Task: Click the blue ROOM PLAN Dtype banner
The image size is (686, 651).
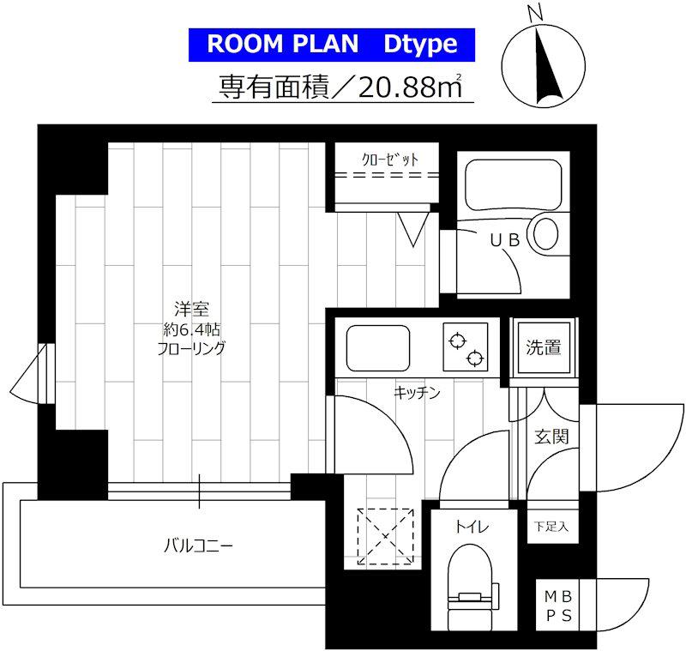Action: [332, 45]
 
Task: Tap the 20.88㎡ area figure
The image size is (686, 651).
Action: [410, 87]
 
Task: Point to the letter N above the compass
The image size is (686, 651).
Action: [535, 15]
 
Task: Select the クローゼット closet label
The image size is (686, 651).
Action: [390, 160]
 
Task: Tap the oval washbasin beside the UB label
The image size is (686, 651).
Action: [545, 233]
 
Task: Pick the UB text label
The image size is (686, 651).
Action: [505, 240]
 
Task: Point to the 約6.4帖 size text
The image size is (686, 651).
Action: [191, 329]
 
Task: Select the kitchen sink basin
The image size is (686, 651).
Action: [378, 348]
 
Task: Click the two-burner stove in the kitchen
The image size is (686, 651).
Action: [465, 347]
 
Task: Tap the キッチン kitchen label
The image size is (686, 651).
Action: [417, 393]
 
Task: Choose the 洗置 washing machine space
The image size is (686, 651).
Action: [544, 348]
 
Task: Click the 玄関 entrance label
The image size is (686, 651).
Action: [551, 437]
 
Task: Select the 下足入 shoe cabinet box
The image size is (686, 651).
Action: [552, 527]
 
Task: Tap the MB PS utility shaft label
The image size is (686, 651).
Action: [558, 606]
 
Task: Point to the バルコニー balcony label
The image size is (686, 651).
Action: [198, 546]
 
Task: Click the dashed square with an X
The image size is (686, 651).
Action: [385, 536]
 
